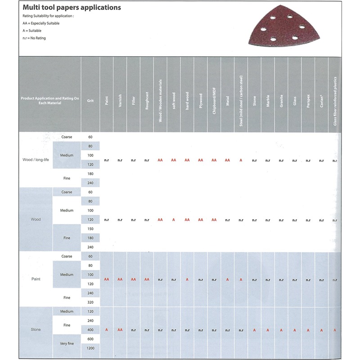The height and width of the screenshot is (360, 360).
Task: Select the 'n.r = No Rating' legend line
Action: (34, 38)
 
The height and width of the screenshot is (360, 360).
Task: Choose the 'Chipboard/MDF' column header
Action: (214, 101)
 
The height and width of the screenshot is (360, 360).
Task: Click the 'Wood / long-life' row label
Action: (36, 160)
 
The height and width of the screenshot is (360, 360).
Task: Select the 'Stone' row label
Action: (36, 330)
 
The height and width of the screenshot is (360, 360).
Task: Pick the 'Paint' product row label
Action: (36, 279)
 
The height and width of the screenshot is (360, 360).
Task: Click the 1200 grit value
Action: (90, 349)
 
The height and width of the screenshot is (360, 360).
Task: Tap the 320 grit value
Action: (90, 302)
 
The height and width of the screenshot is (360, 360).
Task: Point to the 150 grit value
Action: (90, 229)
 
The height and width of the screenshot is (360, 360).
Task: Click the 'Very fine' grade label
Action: (67, 344)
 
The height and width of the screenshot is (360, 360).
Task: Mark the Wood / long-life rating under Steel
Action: (241, 160)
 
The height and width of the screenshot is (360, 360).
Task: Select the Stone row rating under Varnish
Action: (120, 330)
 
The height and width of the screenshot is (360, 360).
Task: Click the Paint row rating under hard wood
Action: (187, 279)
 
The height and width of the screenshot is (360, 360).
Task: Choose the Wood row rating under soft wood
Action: (174, 220)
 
